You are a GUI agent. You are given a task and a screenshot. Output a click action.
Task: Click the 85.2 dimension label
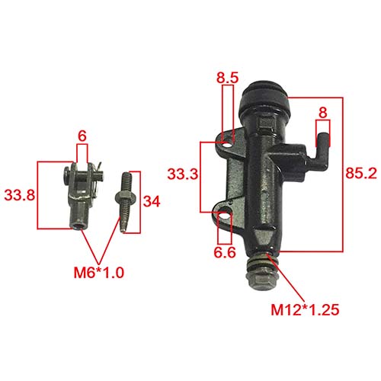coord(361,174)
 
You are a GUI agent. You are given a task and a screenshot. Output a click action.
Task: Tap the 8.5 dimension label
coord(227,78)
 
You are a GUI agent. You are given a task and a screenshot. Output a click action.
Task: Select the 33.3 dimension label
coord(182,174)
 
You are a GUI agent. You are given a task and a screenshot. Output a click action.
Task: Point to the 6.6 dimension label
coord(225,252)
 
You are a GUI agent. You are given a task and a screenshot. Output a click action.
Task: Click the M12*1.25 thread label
coord(305,310)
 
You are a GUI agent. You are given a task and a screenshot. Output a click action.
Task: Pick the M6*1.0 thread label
coord(99,273)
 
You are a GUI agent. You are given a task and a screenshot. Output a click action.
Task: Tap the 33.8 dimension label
coord(20,195)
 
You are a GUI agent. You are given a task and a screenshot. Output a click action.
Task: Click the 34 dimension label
coord(152,202)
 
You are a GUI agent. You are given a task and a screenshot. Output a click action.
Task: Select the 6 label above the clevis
coord(82,136)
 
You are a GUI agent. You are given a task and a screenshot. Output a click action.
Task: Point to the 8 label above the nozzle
coord(323,113)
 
